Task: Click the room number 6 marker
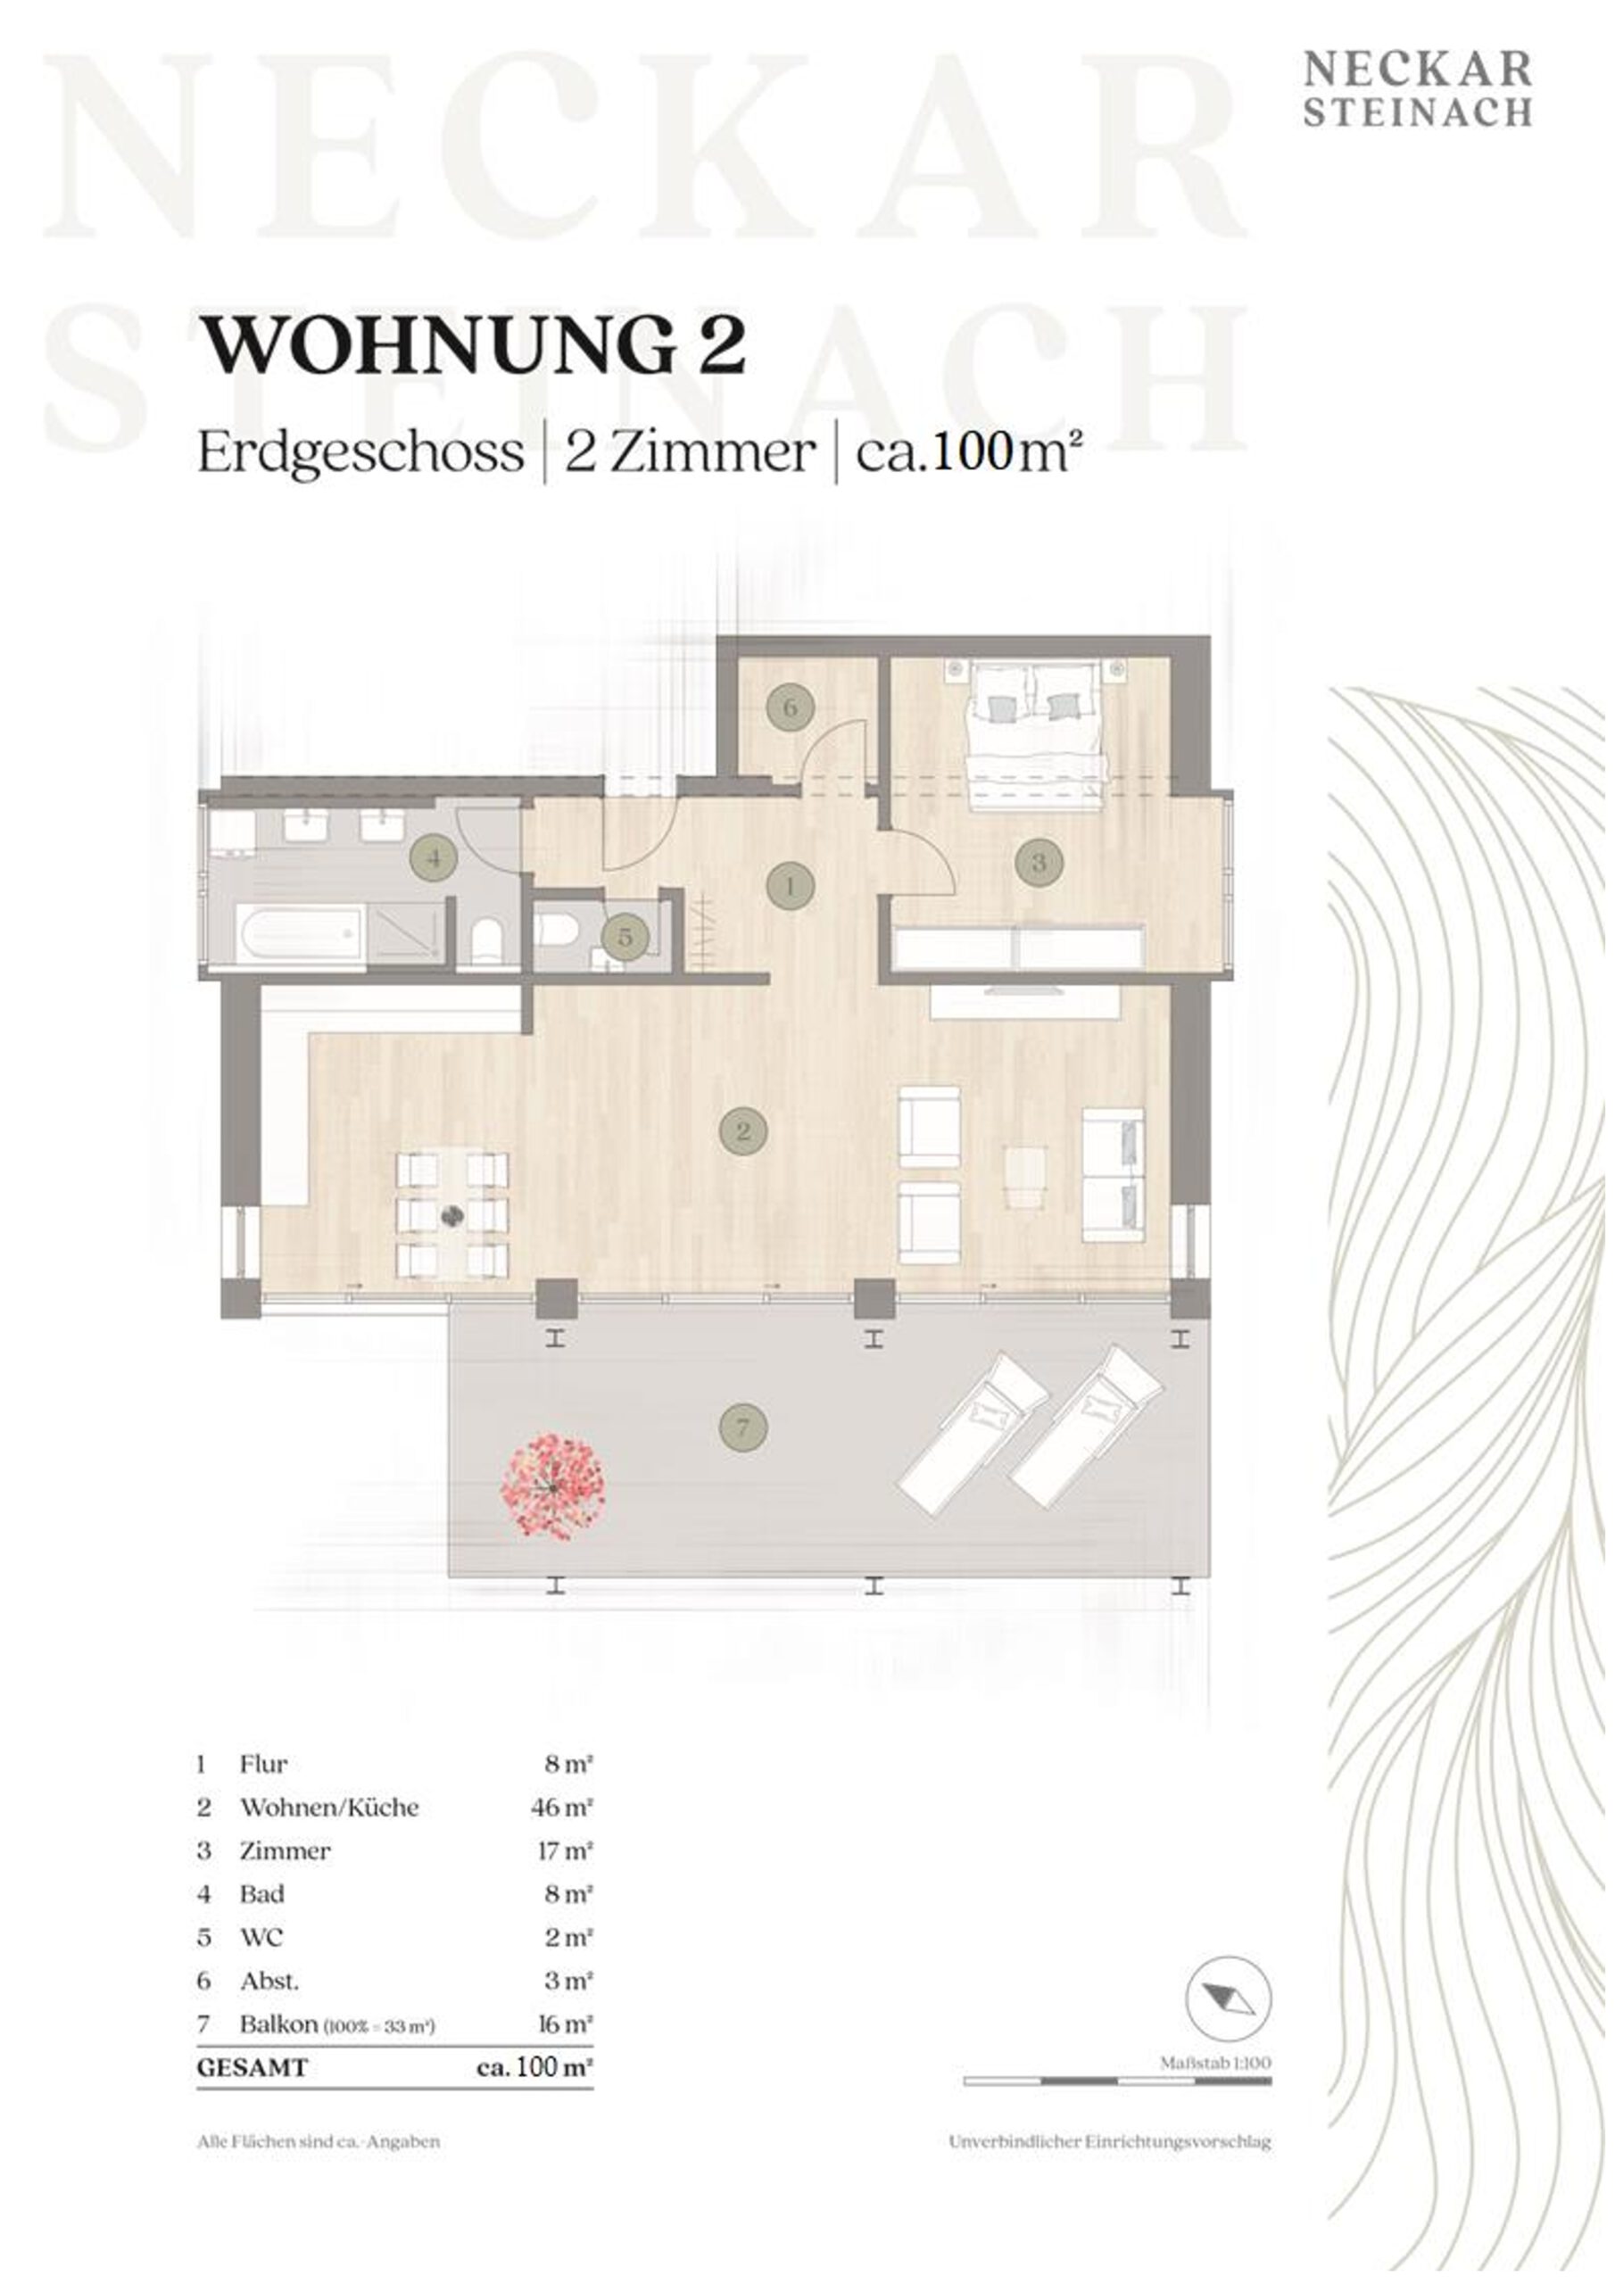pos(790,708)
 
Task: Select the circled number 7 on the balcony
pos(743,1428)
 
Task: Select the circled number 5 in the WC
pos(625,936)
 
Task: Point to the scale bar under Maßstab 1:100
pos(1116,2080)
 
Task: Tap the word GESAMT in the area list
pos(253,2067)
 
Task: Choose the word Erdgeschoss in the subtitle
pos(360,452)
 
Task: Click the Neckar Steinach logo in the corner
pos(1417,89)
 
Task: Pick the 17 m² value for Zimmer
pos(564,1850)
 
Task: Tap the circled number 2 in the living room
pos(743,1131)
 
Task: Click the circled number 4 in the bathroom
pos(433,856)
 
